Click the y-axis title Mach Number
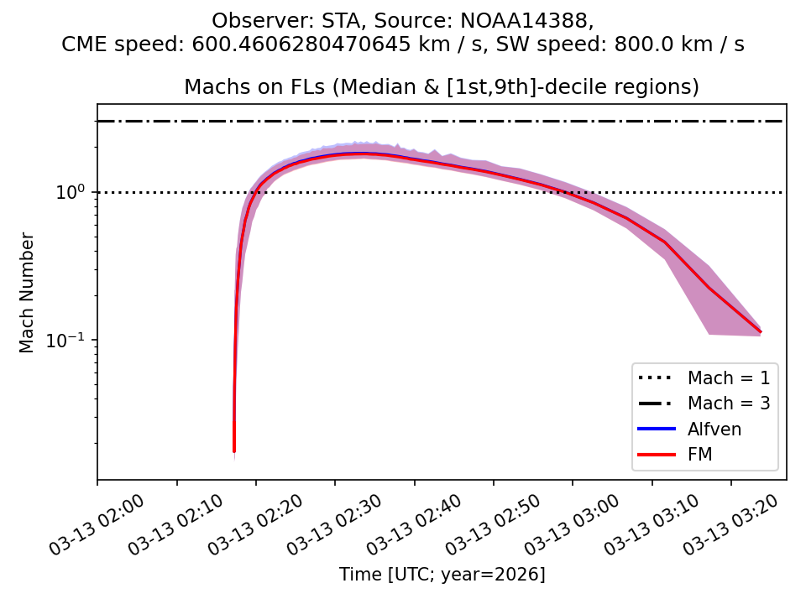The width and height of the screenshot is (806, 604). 28,293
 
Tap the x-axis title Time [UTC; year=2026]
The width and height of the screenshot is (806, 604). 442,575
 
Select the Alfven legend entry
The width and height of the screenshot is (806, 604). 714,430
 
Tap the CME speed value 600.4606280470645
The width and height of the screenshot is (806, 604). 323,44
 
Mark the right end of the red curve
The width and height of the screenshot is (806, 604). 761,332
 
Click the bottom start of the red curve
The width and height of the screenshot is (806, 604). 234,451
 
